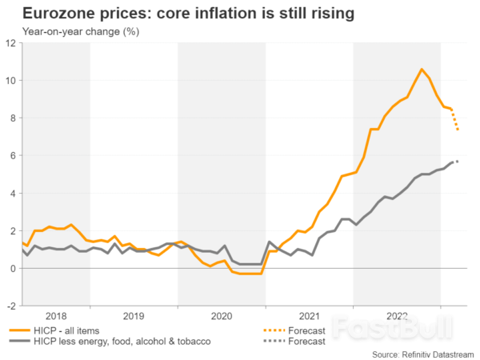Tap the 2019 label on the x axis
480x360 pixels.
(x=134, y=316)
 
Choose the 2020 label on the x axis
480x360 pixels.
(x=222, y=316)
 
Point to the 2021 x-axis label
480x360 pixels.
(x=309, y=316)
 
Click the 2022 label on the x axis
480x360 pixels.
(x=397, y=316)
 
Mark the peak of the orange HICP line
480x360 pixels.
(x=422, y=69)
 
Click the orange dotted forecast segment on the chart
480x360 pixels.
(x=455, y=119)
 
